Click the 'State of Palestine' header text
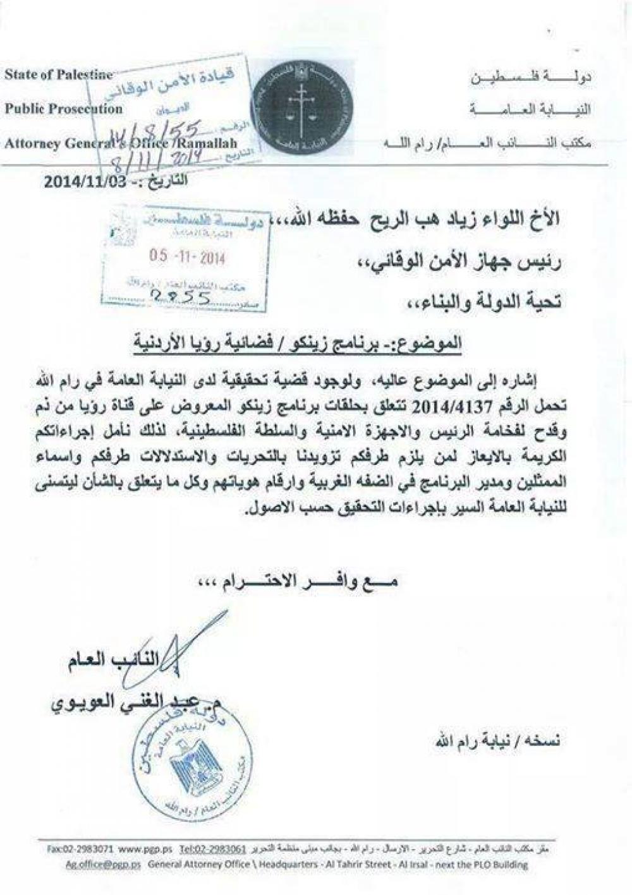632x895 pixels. pyautogui.click(x=58, y=75)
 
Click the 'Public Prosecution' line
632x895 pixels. pyautogui.click(x=63, y=109)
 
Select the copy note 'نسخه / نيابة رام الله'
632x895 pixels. pyautogui.click(x=497, y=740)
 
